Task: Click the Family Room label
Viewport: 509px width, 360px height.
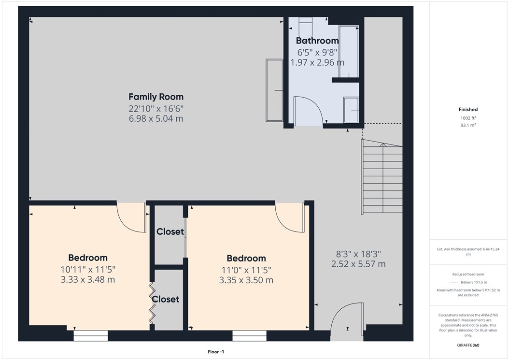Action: pos(156,97)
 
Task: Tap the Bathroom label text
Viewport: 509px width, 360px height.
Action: pos(317,41)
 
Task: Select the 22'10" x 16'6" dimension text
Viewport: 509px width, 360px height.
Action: pos(156,108)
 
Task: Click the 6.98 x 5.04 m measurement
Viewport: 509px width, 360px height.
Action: pos(156,118)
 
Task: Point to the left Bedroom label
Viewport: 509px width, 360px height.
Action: pos(87,258)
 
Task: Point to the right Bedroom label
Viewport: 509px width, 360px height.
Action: pos(246,258)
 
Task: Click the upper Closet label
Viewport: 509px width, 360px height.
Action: pos(170,231)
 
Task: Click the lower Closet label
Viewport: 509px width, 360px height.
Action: pos(166,299)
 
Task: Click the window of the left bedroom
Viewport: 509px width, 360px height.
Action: pos(90,335)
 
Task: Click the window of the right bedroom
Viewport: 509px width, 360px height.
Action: pos(249,335)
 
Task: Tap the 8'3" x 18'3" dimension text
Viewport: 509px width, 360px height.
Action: pos(358,253)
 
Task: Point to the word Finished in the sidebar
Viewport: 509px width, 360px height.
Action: pos(468,110)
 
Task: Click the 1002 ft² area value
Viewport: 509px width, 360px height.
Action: pos(468,118)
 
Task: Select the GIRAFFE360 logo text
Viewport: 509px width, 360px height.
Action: pos(468,346)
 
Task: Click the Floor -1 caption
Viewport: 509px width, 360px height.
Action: pos(215,352)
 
